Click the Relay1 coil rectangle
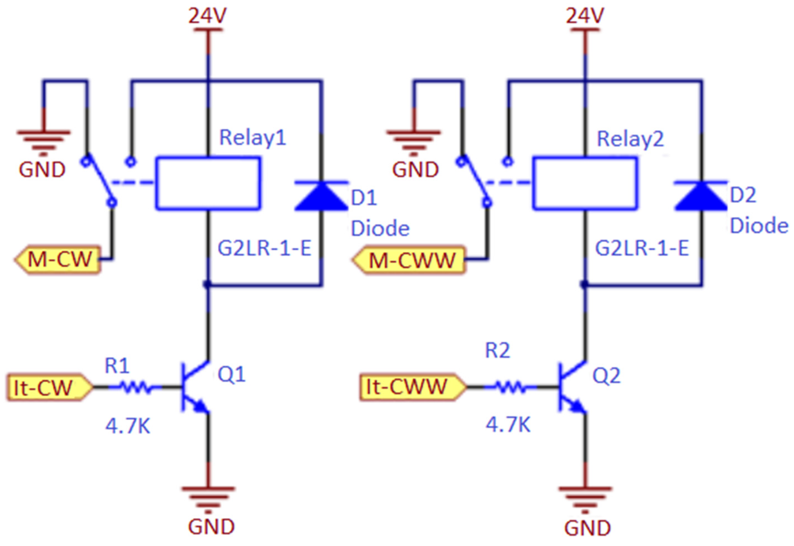point(208,183)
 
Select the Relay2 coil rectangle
point(585,183)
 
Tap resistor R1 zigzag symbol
point(135,388)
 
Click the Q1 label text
point(231,375)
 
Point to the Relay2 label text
point(630,139)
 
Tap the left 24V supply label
point(208,15)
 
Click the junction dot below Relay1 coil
point(206,284)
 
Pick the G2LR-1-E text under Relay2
point(642,248)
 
